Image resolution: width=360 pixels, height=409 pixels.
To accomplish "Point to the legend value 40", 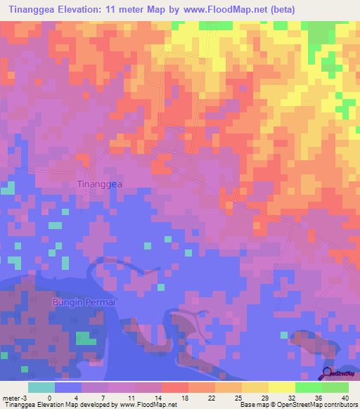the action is [345, 397].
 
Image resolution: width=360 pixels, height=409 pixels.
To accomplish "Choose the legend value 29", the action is [264, 397].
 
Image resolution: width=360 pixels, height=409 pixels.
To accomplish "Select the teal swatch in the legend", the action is [41, 387].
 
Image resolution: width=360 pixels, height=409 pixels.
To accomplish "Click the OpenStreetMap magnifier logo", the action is [328, 372].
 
